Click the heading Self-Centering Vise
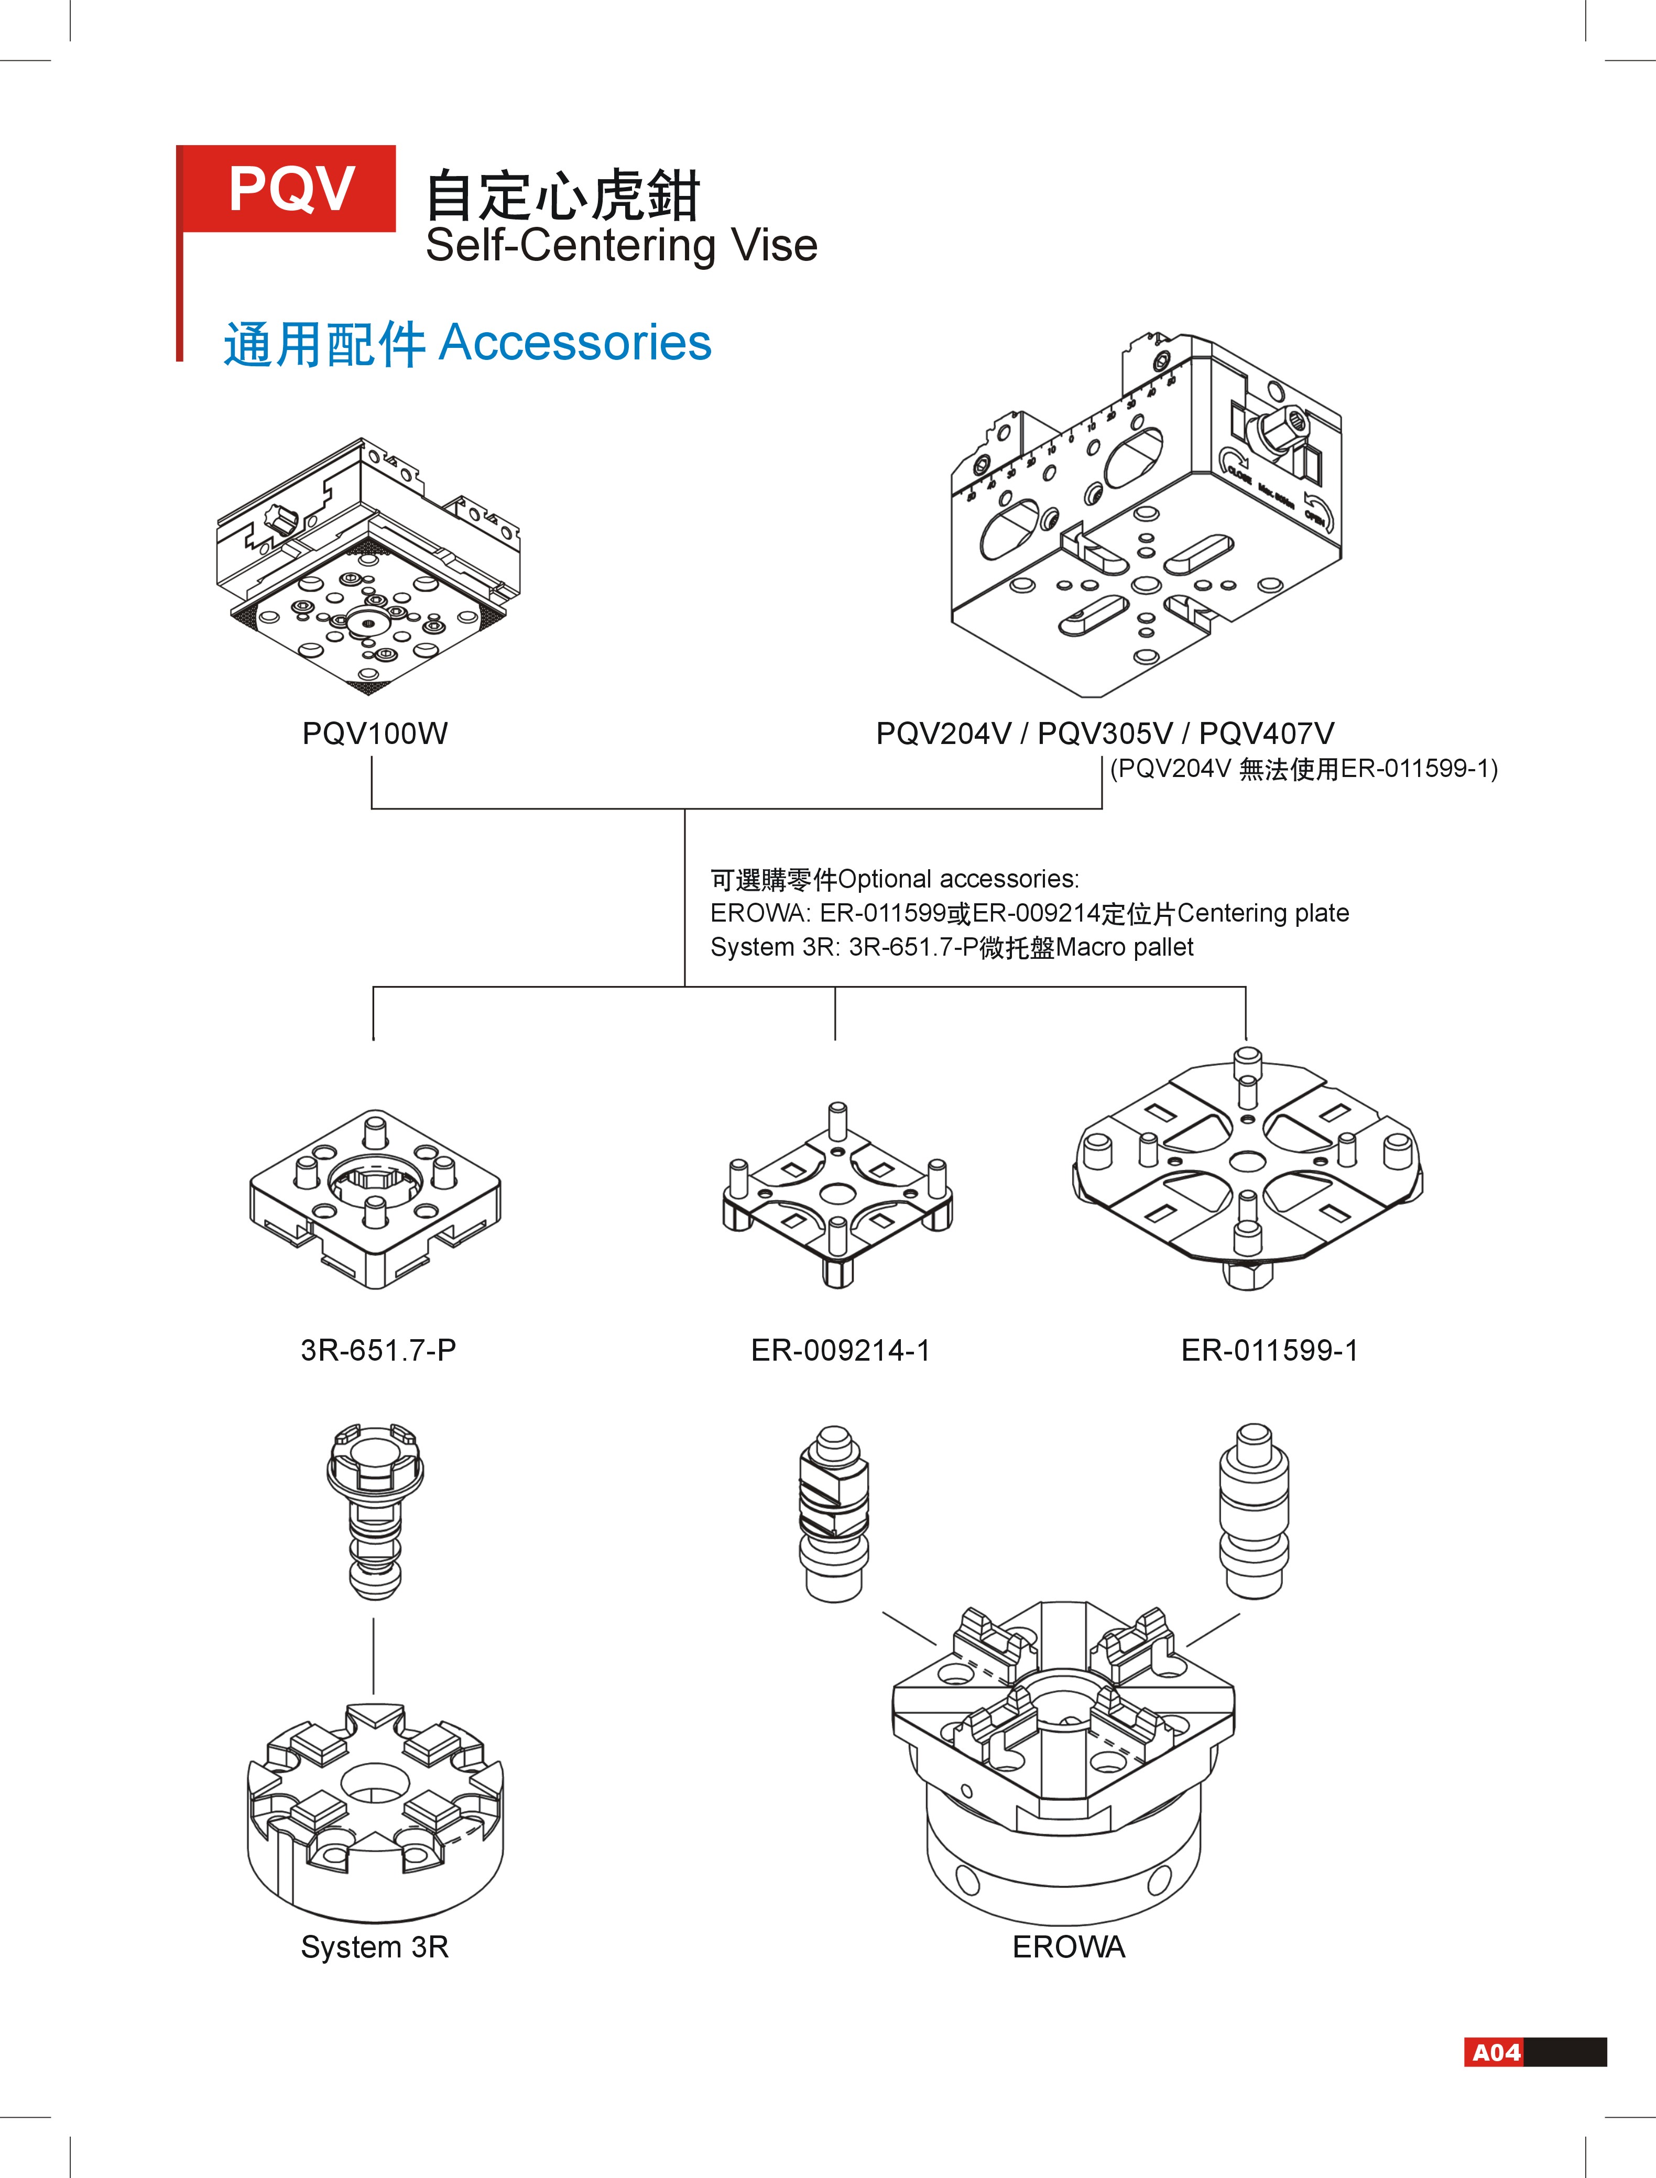[x=621, y=245]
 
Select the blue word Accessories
[x=575, y=343]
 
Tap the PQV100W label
[x=375, y=733]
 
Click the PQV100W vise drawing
[x=368, y=567]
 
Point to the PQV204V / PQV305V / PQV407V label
[x=1105, y=733]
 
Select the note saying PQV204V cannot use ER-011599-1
[x=1303, y=769]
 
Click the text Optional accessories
[x=958, y=879]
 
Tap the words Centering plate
[x=1263, y=914]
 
